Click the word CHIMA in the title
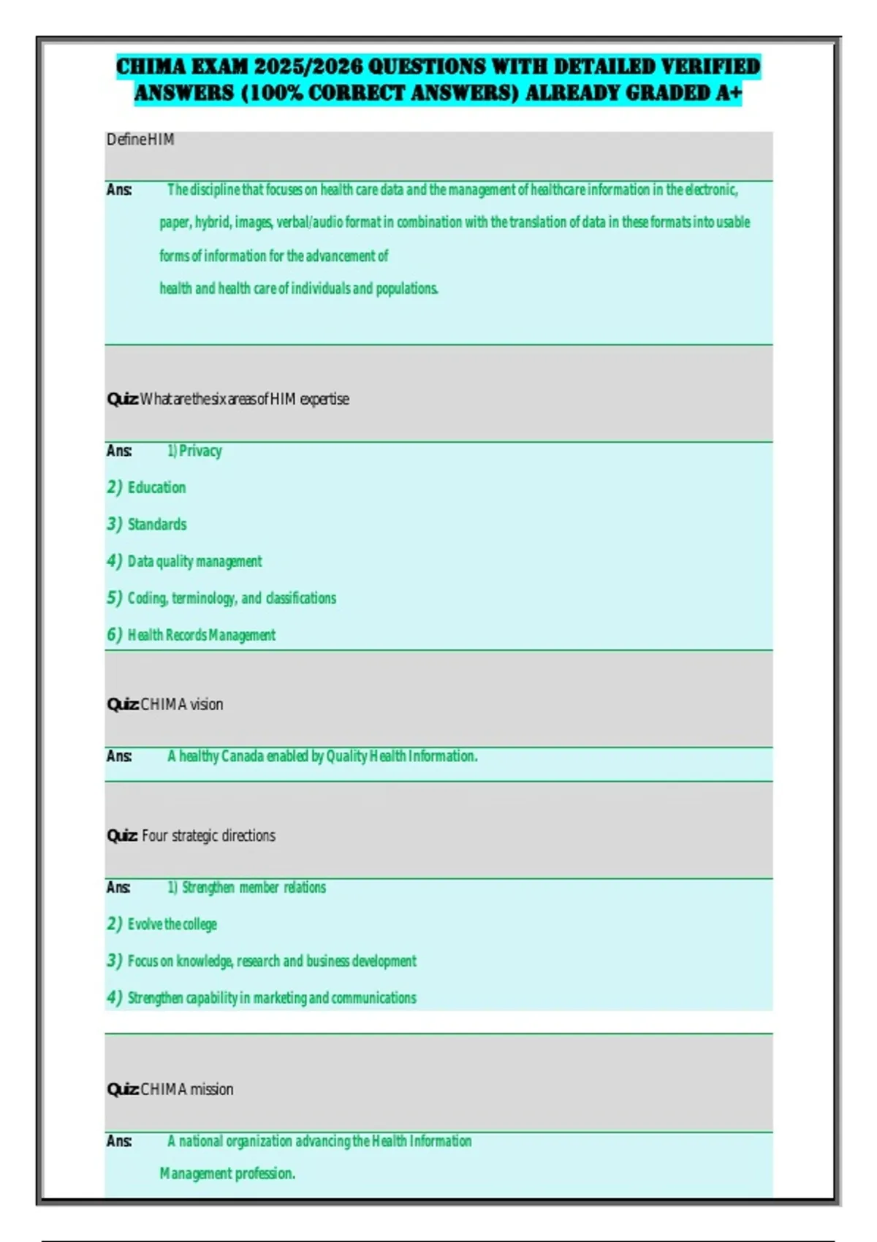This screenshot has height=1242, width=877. (151, 66)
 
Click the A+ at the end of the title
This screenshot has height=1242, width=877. (728, 93)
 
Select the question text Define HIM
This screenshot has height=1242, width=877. (140, 140)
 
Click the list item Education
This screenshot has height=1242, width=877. (156, 487)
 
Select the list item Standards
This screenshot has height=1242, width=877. (157, 525)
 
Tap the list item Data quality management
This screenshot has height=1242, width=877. (194, 561)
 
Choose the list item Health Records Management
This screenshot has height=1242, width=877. (202, 635)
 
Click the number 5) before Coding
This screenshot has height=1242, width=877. (115, 598)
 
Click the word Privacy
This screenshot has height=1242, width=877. (200, 451)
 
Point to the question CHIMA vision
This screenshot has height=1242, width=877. (181, 704)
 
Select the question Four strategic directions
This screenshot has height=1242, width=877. (208, 836)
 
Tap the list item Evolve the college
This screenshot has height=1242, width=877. (172, 924)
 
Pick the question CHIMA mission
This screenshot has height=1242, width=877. (186, 1089)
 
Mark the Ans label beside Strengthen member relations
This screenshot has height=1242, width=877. (118, 888)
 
